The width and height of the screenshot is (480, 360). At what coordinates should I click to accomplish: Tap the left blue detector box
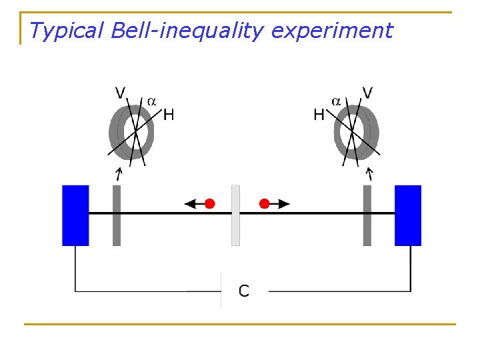pos(75,215)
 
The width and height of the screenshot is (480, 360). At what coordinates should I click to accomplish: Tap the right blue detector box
pos(408,215)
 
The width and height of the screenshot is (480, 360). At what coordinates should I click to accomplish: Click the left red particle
pos(210,203)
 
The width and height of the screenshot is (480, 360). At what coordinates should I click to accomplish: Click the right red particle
pos(265,203)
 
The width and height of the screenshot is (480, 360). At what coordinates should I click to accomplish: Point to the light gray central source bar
pos(235,215)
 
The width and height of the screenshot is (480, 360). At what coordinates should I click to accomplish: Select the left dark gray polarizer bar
pos(117,215)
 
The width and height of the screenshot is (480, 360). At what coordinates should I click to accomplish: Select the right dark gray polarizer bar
pos(367,215)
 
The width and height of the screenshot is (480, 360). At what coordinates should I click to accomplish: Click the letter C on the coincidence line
pos(244,291)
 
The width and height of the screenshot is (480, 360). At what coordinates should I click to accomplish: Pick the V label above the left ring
pos(121,92)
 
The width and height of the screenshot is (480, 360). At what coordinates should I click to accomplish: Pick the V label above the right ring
pos(367,92)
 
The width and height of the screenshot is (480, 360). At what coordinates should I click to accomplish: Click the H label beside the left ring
pos(169,115)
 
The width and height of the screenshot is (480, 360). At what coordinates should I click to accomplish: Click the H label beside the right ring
pos(319,115)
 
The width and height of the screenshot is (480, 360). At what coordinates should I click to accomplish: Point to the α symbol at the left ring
pos(151,101)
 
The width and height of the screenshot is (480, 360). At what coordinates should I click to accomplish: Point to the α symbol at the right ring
pos(337,101)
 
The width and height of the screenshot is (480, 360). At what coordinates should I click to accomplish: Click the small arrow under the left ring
pos(119,175)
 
